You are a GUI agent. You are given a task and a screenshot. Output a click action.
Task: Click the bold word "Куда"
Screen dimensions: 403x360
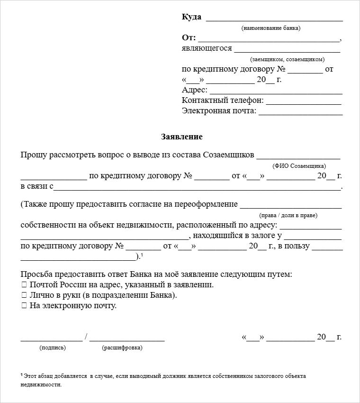tap(191, 17)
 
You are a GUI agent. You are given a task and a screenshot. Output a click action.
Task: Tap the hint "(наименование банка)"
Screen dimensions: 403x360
tap(271, 28)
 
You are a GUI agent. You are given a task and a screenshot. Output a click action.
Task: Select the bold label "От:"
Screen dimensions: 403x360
tap(189, 38)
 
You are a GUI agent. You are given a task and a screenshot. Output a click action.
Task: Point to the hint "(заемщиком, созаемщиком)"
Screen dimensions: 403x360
tap(288, 59)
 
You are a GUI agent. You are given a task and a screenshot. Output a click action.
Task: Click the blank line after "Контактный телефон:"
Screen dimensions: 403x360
tap(304, 101)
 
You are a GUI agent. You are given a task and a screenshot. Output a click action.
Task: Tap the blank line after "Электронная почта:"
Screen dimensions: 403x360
tap(300, 112)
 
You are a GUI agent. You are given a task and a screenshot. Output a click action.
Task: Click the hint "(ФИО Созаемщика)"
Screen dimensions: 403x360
tap(299, 166)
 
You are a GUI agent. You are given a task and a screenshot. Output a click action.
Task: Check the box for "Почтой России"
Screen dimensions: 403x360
tap(24, 285)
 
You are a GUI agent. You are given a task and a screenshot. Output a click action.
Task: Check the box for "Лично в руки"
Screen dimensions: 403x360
tap(24, 295)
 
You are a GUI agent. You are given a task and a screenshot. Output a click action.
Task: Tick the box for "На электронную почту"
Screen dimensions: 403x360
tap(24, 306)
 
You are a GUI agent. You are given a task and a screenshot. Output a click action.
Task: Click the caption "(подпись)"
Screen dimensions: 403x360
tap(53, 348)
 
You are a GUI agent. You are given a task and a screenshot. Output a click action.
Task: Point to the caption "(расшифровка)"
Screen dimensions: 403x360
tap(122, 348)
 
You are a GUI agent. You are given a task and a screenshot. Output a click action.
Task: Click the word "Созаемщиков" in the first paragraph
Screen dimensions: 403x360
tap(229, 155)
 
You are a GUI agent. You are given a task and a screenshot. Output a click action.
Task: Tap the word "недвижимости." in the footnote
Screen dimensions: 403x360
tap(41, 385)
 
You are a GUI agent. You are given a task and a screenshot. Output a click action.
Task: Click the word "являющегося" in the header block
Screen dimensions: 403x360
tap(207, 48)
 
